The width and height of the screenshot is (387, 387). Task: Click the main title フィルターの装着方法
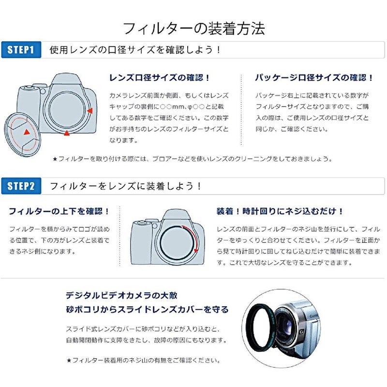point(194,28)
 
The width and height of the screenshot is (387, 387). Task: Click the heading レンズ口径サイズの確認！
point(160,77)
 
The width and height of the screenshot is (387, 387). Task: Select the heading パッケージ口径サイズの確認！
point(314,77)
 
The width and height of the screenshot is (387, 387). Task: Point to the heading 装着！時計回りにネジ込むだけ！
point(280,211)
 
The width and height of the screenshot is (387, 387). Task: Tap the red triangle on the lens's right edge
point(89,111)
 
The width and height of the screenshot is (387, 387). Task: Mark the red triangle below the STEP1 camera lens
point(66,133)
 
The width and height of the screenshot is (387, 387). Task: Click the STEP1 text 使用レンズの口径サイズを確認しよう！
point(135,50)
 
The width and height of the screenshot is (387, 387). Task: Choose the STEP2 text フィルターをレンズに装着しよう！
point(126,186)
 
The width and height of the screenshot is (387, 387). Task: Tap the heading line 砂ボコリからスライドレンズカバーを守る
point(147,310)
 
